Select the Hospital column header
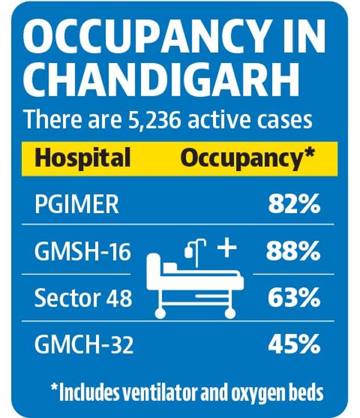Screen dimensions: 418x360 [83, 158]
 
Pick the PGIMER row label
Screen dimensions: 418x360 [76, 205]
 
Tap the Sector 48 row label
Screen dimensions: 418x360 [83, 298]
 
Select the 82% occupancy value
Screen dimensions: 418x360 [293, 205]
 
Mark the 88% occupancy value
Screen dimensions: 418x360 [293, 251]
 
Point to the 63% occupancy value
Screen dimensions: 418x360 [293, 298]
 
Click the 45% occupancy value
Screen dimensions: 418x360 [293, 344]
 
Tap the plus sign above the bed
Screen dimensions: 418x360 [227, 248]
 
